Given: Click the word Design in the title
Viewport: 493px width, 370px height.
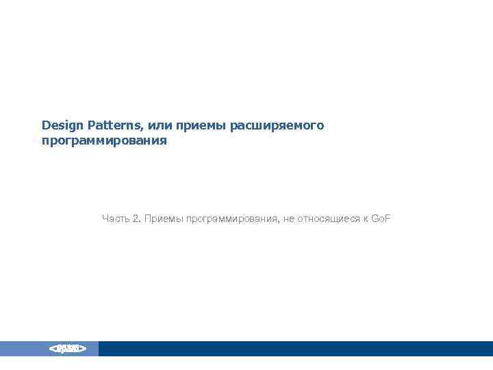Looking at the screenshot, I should coord(62,125).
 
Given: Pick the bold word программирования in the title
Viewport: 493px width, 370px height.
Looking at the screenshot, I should coord(104,140).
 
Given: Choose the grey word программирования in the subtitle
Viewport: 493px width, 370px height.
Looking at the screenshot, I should coord(229,219).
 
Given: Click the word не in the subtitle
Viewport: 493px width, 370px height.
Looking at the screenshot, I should coord(288,219).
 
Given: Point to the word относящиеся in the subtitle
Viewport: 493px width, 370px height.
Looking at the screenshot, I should coord(328,219).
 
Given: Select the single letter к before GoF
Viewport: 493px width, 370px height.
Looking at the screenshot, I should coord(365,219).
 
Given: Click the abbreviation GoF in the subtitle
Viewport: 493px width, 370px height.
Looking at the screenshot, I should coord(380,219).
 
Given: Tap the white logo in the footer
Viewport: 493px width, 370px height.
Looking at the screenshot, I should coord(68,349).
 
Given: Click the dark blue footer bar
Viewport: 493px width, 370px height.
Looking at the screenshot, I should coord(294,349).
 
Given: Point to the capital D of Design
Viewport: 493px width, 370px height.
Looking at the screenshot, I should coord(46,125).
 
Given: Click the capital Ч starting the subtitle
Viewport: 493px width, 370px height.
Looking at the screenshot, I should coord(105,219).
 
